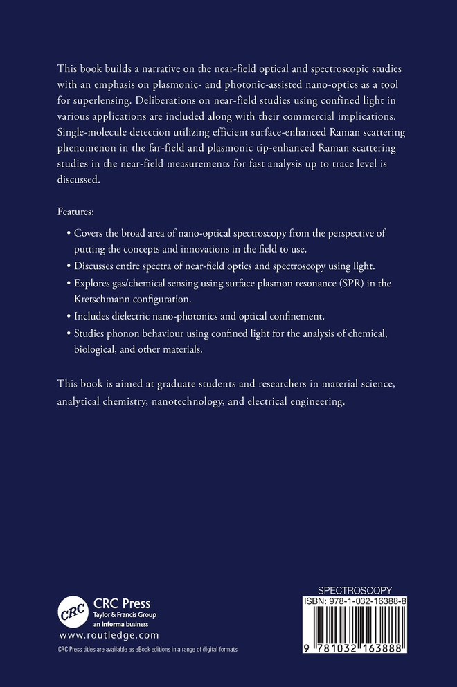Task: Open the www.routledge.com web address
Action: [x=109, y=634]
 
